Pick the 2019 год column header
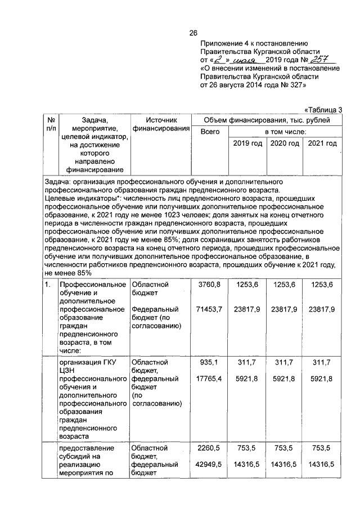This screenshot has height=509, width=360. [247, 144]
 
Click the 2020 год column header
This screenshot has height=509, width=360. [285, 144]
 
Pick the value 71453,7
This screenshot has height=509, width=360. [208, 309]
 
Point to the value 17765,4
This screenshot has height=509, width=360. [208, 379]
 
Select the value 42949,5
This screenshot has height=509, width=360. [208, 465]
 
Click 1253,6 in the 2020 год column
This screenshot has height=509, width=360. [285, 285]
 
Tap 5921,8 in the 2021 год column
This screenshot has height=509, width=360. [322, 379]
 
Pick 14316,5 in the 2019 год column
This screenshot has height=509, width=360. [247, 465]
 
